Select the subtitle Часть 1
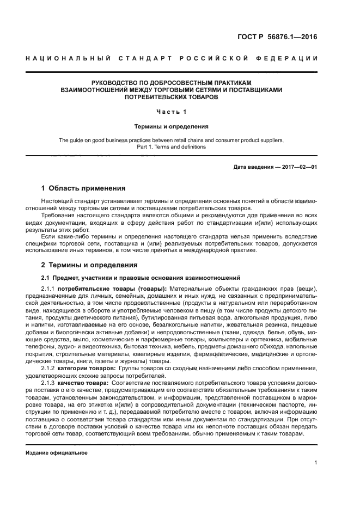coord(172,112)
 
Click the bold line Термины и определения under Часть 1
coord(172,126)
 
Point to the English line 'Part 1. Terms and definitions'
coord(172,146)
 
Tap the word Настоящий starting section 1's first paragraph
coord(56,201)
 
